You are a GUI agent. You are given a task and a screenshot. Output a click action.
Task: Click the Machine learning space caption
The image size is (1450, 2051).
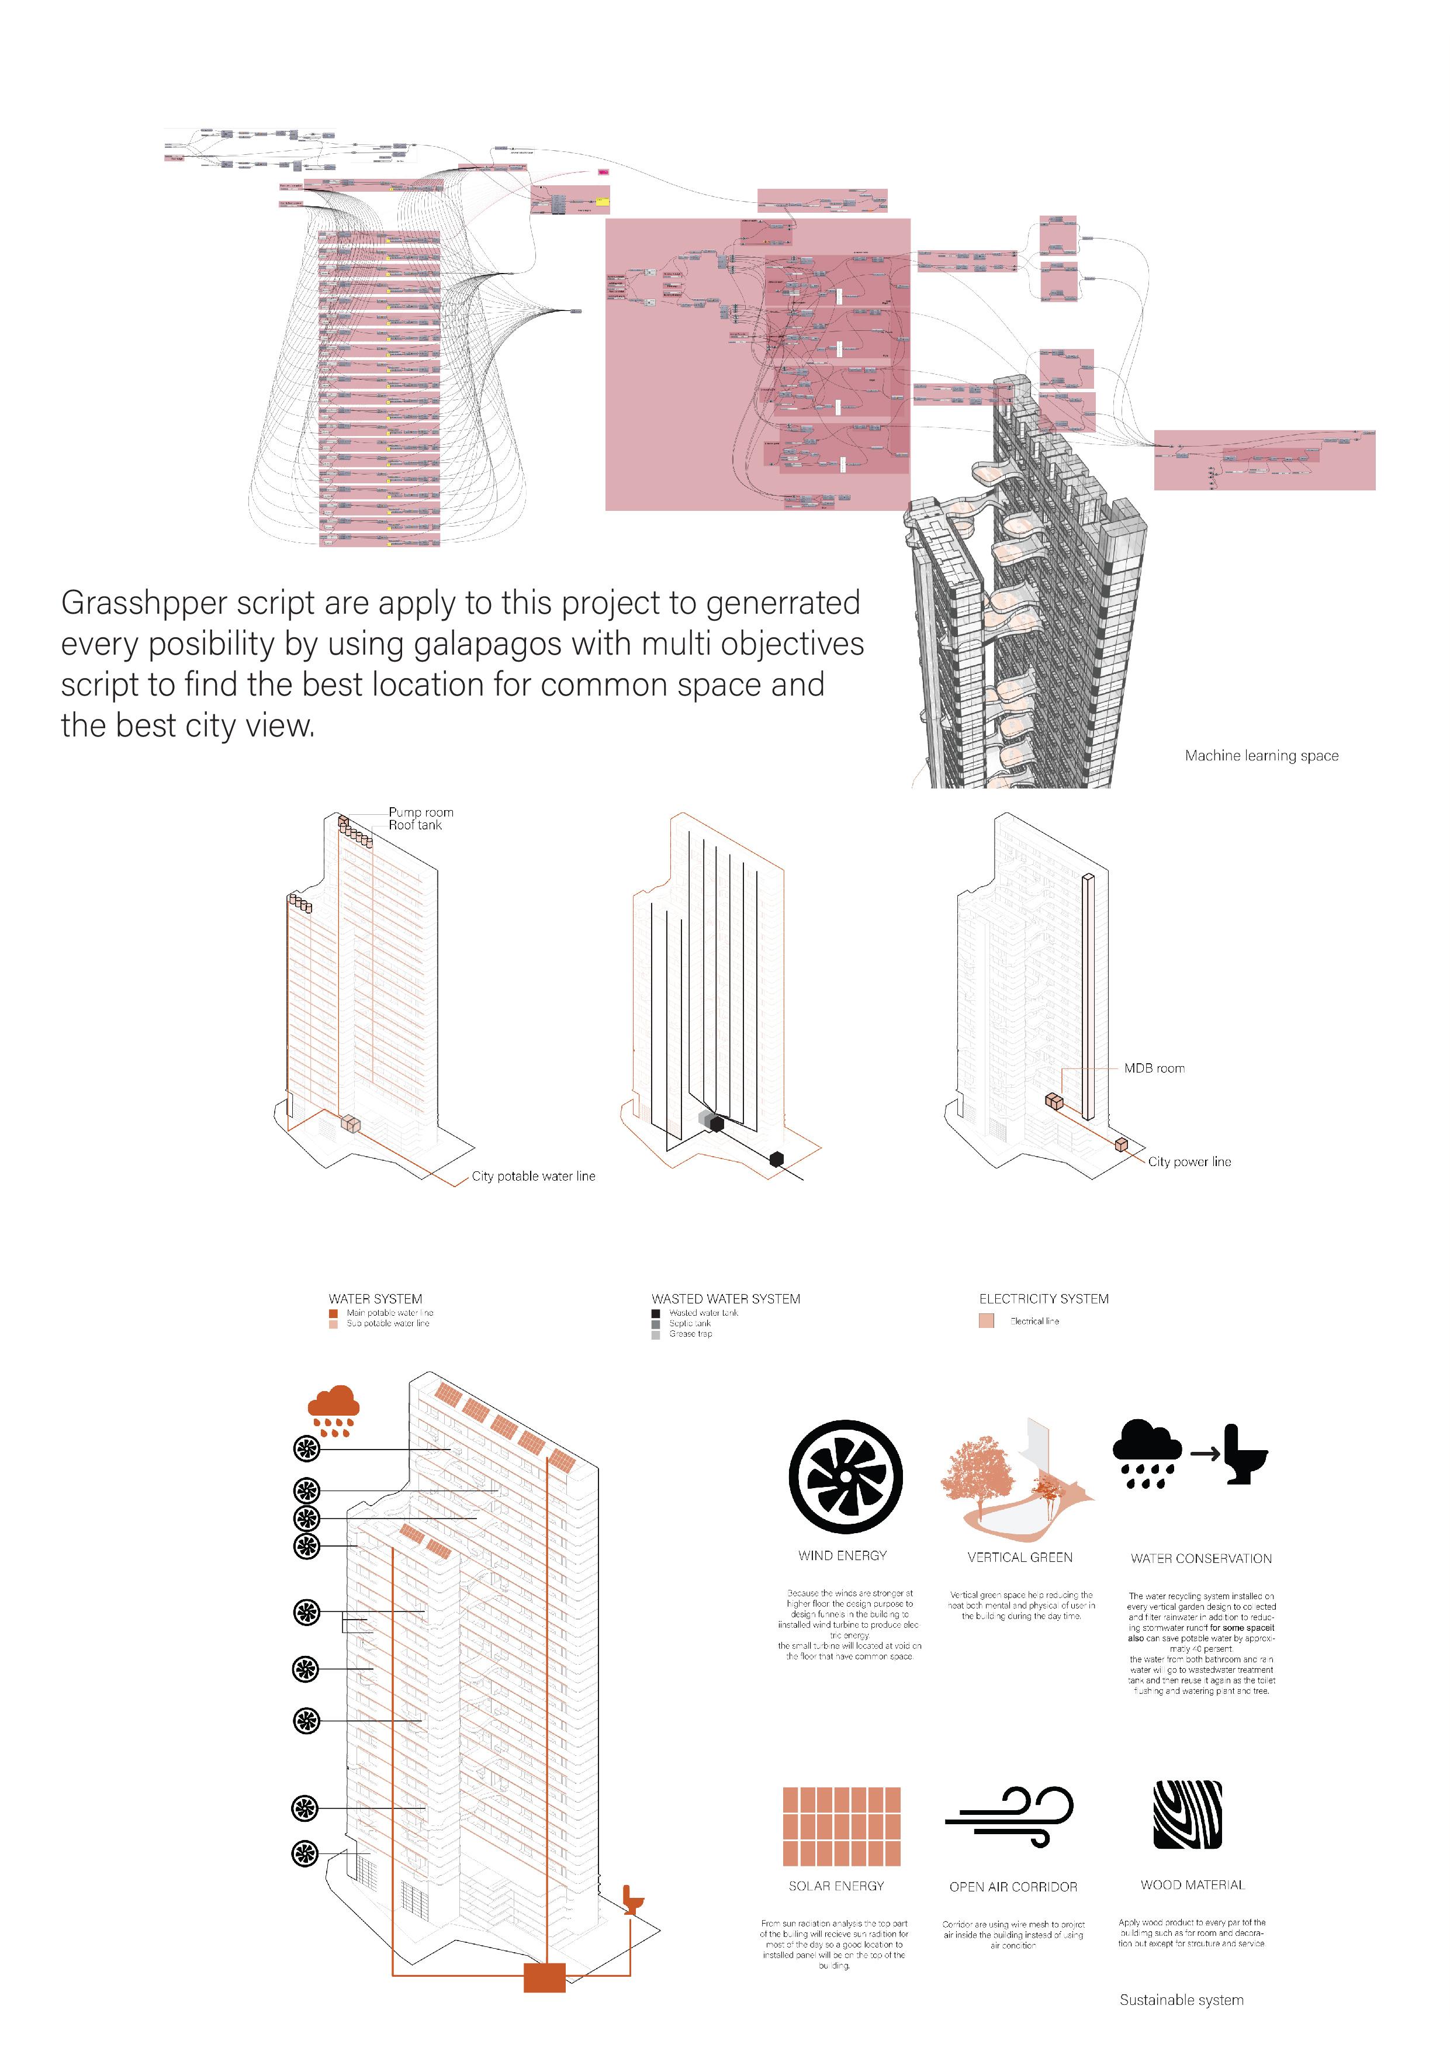click(x=1261, y=756)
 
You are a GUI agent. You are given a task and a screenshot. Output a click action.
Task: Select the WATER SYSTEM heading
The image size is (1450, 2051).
click(x=375, y=1299)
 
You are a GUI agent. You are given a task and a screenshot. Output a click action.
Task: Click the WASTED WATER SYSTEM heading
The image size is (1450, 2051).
click(x=725, y=1299)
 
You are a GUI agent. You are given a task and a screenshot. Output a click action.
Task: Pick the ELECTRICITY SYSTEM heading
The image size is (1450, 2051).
click(x=1043, y=1299)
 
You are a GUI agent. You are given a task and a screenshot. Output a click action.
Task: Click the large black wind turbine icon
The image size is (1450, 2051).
click(x=845, y=1478)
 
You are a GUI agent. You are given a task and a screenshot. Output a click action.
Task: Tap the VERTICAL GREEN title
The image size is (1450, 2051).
click(x=1019, y=1557)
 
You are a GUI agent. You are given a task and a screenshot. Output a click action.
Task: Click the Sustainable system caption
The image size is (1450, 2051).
click(x=1181, y=2000)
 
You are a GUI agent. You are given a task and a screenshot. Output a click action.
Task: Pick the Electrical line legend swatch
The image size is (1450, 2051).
click(x=987, y=1321)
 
